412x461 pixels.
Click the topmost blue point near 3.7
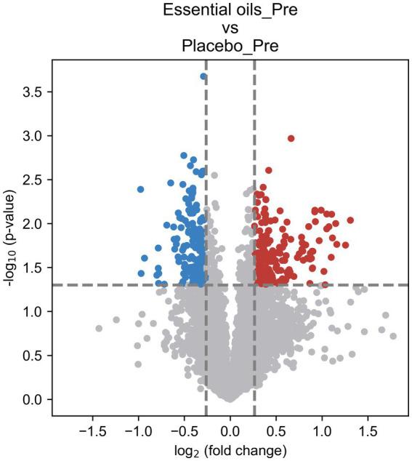203,76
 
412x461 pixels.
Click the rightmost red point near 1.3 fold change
350,220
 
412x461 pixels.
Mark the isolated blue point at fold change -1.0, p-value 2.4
141,189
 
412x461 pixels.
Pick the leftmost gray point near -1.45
99,329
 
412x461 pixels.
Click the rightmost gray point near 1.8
393,336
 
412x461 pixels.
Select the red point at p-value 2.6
269,170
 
